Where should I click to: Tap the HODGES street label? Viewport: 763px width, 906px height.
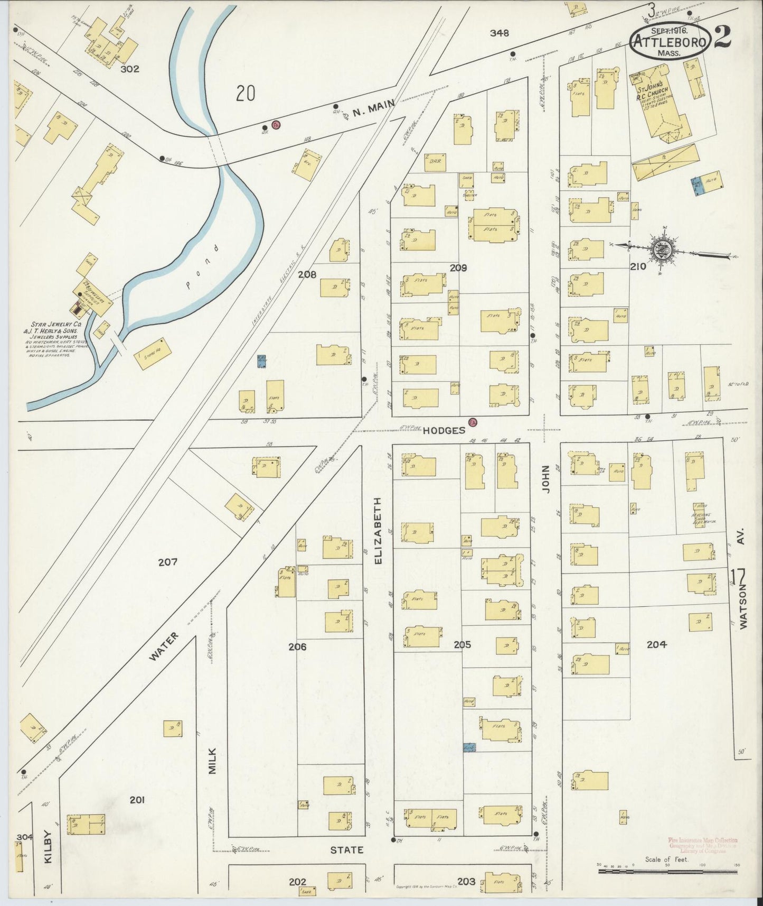coord(444,430)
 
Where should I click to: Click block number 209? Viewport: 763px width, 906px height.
coord(458,268)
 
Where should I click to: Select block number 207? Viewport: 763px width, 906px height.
coord(167,562)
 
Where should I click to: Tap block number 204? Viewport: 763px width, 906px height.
coord(656,644)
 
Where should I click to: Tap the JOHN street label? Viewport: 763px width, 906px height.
coord(545,479)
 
